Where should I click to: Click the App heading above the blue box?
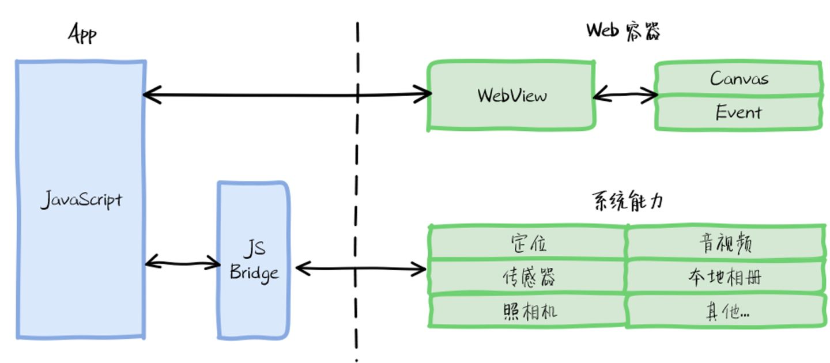[82, 35]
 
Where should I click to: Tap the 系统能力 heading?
[628, 202]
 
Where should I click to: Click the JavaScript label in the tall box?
[81, 201]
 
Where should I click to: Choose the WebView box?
[512, 96]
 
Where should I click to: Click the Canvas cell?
[739, 78]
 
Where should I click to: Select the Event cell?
[739, 112]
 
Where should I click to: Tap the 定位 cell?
[528, 243]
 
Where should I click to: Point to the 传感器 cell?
[528, 277]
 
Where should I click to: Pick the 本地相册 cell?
[726, 277]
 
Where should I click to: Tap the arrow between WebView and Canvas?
[625, 96]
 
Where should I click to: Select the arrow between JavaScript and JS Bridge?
[182, 264]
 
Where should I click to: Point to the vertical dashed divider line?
[357, 173]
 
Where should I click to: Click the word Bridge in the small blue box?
[254, 272]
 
